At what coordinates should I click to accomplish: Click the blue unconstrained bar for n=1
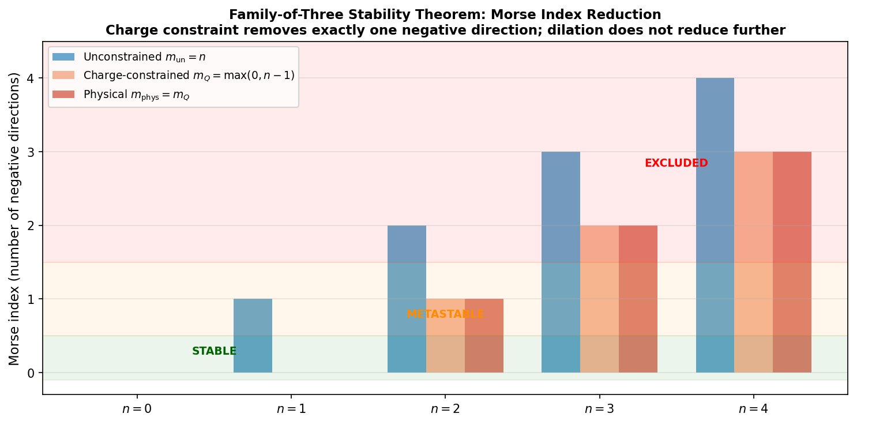click(253, 336)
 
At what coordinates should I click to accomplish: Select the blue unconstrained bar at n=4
click(715, 225)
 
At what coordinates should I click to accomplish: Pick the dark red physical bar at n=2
click(484, 336)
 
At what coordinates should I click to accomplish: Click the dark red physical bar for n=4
click(792, 262)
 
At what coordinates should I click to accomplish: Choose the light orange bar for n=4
click(753, 262)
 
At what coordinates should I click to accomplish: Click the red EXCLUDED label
click(676, 163)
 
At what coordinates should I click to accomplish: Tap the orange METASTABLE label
click(445, 314)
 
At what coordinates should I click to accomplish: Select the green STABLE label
click(214, 351)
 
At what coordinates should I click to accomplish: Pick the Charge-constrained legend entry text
click(189, 76)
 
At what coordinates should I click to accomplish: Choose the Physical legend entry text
click(137, 95)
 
